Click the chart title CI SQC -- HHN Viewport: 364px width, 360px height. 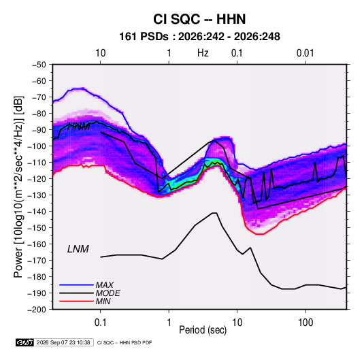click(199, 19)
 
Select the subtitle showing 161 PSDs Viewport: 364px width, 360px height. click(199, 37)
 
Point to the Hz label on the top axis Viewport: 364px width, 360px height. click(203, 53)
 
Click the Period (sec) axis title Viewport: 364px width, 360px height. click(203, 330)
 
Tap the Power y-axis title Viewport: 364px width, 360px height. click(18, 186)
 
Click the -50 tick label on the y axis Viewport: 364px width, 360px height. click(39, 65)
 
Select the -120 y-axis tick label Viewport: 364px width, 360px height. click(37, 178)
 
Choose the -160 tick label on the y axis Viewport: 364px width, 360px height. click(37, 244)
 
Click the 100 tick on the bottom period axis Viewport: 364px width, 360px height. click(305, 323)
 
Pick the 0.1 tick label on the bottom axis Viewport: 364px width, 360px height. click(100, 323)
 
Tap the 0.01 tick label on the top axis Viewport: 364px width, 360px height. click(305, 53)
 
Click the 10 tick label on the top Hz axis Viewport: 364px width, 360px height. click(100, 53)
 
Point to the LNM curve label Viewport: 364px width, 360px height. click(78, 249)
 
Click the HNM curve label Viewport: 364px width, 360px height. click(79, 127)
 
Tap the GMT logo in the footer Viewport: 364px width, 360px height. click(24, 342)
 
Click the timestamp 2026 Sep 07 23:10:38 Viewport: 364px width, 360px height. click(63, 342)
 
